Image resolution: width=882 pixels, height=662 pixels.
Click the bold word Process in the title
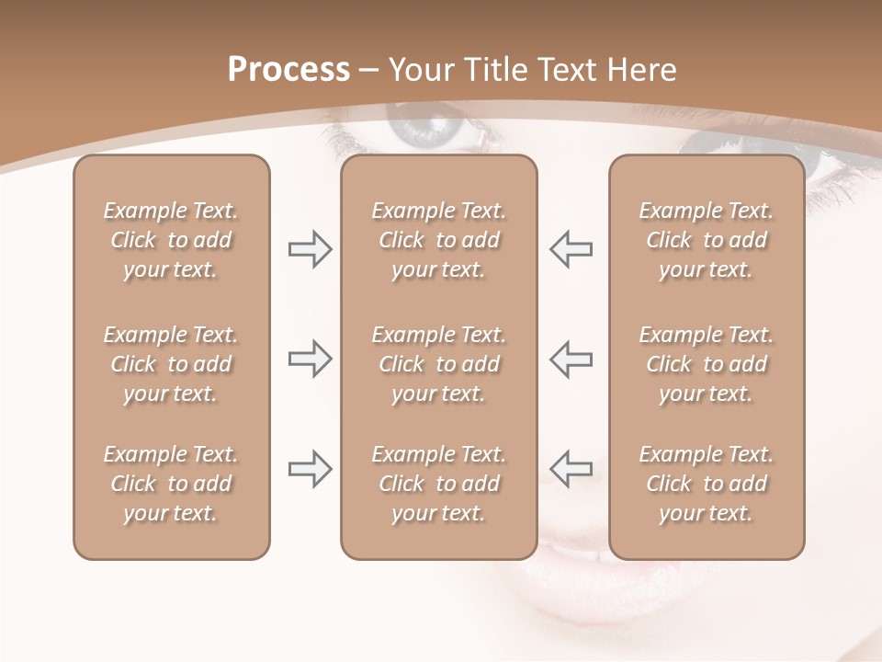click(x=288, y=70)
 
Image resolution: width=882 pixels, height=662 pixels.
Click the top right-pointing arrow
click(x=310, y=249)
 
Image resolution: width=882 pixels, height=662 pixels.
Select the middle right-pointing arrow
click(x=310, y=359)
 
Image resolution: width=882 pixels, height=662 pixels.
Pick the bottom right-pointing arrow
click(x=310, y=469)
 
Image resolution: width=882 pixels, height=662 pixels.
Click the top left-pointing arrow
click(x=571, y=249)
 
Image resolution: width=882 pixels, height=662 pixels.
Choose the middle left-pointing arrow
click(x=571, y=359)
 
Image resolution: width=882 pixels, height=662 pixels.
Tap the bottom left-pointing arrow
click(x=571, y=469)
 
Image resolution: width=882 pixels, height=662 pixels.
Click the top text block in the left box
click(x=171, y=240)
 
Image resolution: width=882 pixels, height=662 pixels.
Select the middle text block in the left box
click(x=171, y=364)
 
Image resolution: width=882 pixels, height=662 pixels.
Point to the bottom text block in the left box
click(x=171, y=484)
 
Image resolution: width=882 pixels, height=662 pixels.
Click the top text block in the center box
click(x=438, y=240)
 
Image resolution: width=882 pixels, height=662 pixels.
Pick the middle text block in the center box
click(x=438, y=364)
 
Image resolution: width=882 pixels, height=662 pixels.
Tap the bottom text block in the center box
click(x=438, y=484)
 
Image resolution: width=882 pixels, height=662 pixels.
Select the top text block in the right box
click(x=707, y=240)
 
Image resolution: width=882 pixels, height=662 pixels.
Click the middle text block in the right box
click(x=707, y=364)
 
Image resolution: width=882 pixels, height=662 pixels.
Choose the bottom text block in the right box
click(x=707, y=484)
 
